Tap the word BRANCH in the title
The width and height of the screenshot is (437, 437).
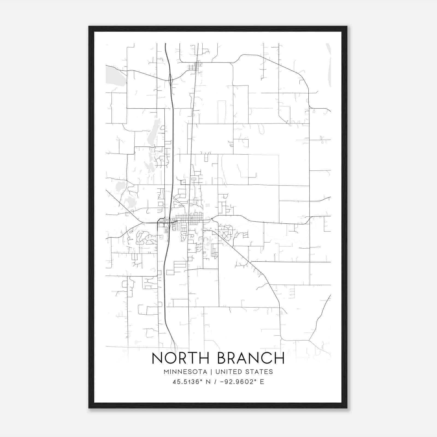[x=251, y=358]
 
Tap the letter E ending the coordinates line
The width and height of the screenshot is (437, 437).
[x=262, y=382]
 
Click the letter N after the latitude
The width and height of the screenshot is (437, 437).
[x=208, y=382]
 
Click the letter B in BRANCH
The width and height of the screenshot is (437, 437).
[x=222, y=358]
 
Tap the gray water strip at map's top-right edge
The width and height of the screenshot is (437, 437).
[x=329, y=64]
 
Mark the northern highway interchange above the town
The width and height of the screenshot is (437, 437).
[x=170, y=79]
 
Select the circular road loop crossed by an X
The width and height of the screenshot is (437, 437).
[x=226, y=234]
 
